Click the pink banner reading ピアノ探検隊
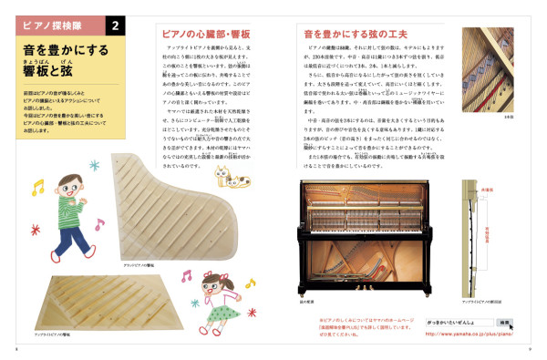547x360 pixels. [x=59, y=24]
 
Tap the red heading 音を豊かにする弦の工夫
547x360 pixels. [x=352, y=35]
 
